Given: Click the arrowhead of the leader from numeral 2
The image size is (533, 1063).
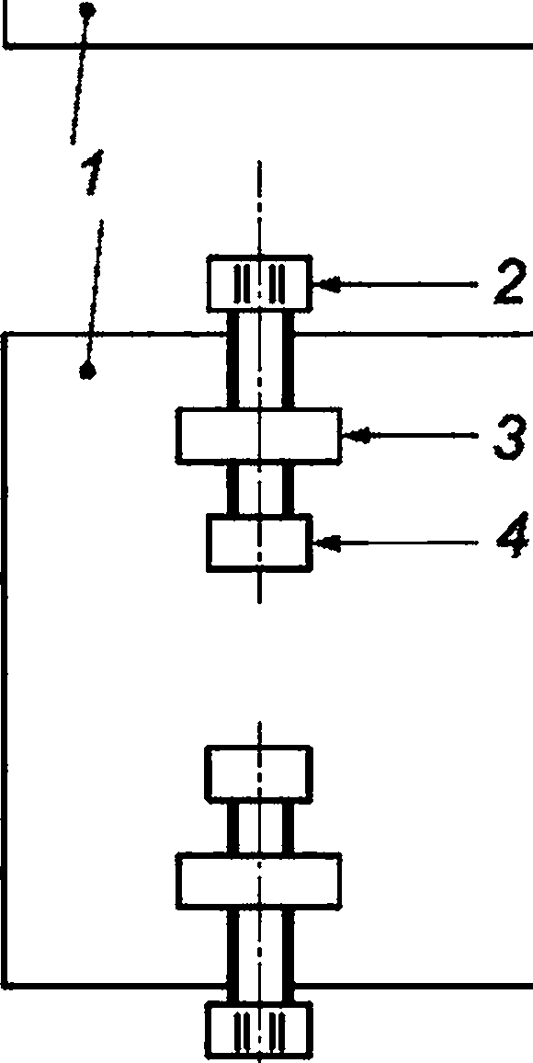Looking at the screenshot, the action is [326, 285].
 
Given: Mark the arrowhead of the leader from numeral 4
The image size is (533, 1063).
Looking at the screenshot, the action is [326, 542].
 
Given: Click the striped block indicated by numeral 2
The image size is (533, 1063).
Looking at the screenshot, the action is [259, 283].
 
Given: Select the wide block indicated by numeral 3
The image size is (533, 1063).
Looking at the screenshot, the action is [259, 435].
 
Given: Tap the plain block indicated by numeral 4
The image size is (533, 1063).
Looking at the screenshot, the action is [259, 543].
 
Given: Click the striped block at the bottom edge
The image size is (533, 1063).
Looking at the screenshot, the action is [259, 1033].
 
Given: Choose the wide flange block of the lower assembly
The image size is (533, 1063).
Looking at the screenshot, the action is [259, 881].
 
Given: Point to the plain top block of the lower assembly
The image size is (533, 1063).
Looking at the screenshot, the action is [259, 772].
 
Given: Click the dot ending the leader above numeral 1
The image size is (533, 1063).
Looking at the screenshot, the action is [86, 9].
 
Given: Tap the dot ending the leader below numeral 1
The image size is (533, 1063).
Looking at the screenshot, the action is [87, 371].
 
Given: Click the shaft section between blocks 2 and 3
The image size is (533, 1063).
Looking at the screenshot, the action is [260, 360].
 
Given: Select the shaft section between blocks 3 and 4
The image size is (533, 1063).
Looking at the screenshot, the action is [260, 489].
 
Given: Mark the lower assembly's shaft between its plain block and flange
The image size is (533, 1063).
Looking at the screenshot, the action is [260, 827].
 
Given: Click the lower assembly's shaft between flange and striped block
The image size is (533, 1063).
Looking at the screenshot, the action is [260, 956].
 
